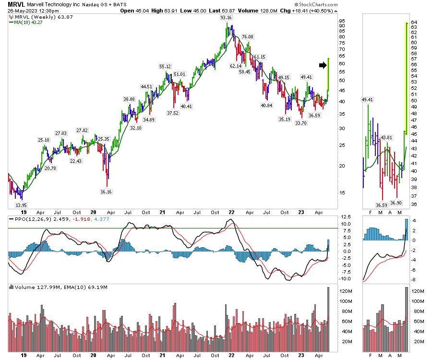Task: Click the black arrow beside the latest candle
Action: (x=322, y=65)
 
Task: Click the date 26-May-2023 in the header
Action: (x=23, y=11)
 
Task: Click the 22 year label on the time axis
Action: (x=231, y=211)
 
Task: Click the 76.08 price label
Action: (x=248, y=36)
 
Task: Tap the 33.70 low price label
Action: (x=301, y=123)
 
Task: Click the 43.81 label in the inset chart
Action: (x=386, y=138)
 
